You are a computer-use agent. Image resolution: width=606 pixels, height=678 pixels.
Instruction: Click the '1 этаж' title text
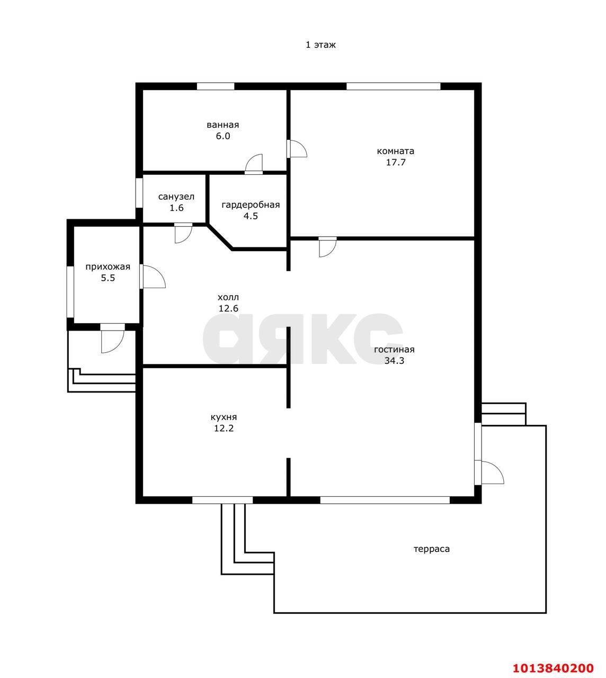click(320, 45)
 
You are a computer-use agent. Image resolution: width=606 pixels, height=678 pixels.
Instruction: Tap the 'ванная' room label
click(222, 125)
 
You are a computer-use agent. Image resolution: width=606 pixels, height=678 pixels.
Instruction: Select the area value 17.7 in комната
click(396, 162)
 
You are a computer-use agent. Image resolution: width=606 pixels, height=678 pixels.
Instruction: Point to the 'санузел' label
click(176, 197)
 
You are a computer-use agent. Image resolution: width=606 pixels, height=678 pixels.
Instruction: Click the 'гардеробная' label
click(251, 205)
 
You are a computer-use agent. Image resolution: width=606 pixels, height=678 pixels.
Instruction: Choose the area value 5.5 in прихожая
click(108, 278)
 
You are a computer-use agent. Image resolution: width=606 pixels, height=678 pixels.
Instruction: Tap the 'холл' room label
click(228, 297)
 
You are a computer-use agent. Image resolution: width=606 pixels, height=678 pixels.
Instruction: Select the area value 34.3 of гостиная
click(394, 361)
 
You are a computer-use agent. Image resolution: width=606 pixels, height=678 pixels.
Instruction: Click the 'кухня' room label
click(224, 417)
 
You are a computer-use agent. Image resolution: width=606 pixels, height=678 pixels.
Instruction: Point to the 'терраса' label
click(432, 549)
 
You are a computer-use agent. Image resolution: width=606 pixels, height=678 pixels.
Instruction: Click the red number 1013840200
click(553, 659)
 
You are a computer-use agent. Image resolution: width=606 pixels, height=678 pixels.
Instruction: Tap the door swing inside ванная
click(254, 164)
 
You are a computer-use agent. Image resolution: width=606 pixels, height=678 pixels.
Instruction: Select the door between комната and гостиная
click(327, 247)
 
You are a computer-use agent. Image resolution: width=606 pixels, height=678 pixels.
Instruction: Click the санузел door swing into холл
click(183, 233)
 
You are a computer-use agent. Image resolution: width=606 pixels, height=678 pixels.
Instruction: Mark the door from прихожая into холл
click(153, 276)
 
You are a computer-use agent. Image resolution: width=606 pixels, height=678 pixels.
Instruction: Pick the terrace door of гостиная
click(489, 472)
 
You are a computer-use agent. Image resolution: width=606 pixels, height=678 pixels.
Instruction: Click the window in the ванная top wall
click(216, 86)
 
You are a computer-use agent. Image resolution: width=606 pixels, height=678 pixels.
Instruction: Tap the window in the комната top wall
click(393, 86)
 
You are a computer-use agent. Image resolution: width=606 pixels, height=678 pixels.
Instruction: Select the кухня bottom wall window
click(222, 500)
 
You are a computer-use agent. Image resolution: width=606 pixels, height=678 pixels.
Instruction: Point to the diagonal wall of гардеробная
click(220, 237)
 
